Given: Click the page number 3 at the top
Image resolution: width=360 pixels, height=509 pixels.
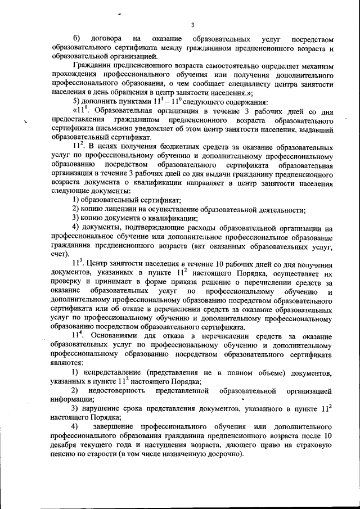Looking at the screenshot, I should tap(192, 25).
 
